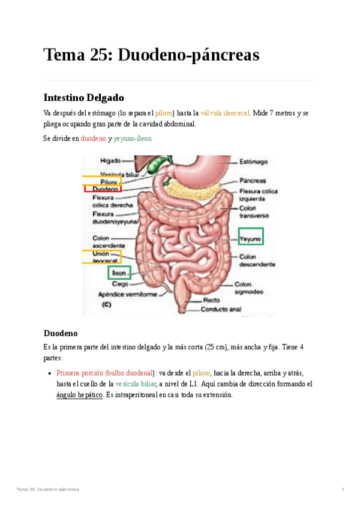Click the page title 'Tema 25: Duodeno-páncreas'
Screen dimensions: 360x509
point(151,55)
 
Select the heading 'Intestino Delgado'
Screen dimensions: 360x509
point(83,97)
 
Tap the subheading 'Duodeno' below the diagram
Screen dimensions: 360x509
point(61,333)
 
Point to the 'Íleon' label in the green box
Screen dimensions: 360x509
point(119,273)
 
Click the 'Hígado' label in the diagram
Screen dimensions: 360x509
point(110,161)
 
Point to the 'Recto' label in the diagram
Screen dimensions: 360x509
point(211,300)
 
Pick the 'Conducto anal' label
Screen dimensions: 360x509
point(221,310)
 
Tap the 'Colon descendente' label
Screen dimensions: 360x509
point(257,261)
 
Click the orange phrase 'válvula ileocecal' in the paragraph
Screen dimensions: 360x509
point(226,112)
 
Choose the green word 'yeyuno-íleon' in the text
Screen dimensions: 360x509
point(133,138)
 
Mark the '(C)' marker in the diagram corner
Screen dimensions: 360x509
point(107,305)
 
